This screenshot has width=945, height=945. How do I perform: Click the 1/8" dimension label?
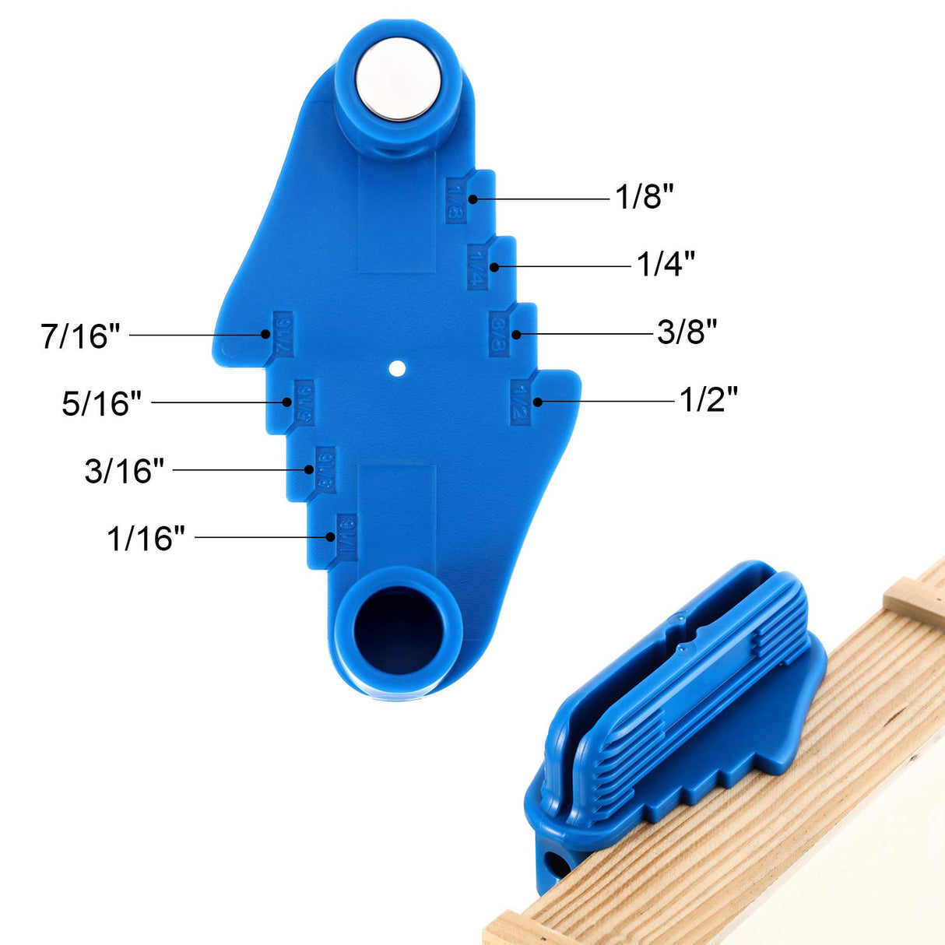pos(644,197)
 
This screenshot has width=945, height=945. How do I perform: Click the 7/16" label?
pos(81,336)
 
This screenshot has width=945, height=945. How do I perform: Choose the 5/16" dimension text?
pos(102,403)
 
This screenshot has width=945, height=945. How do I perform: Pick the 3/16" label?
pos(125,471)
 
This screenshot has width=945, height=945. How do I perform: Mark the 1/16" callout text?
pos(146,539)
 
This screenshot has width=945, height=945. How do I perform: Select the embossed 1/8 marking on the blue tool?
pos(456,200)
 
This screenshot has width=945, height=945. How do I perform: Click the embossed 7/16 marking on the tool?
pos(281,334)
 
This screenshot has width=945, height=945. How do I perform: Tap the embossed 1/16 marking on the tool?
pos(346,536)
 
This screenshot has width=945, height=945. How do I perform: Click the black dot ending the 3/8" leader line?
pos(516,334)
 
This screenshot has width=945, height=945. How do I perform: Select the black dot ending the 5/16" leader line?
pos(287,402)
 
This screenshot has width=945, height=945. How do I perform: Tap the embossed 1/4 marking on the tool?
pos(477,267)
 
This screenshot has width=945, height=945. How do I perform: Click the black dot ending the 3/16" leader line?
pos(309,469)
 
